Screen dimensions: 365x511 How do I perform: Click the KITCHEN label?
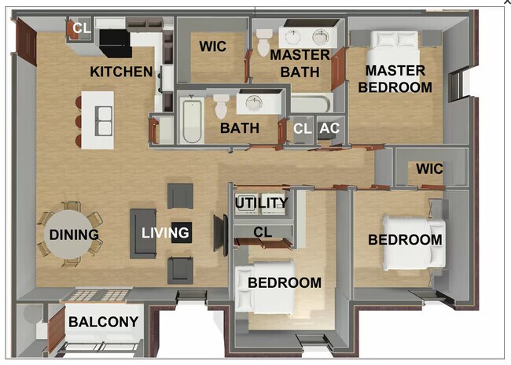[121, 72]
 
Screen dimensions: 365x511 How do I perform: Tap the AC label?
[329, 128]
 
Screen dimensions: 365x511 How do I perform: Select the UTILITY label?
[262, 203]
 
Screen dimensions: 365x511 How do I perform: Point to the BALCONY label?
[103, 322]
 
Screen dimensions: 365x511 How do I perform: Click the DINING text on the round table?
[73, 234]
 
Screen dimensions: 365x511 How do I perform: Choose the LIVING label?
[165, 232]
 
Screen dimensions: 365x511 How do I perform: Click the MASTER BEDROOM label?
[395, 79]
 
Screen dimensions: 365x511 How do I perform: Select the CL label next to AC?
[302, 128]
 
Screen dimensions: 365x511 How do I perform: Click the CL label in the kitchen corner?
[81, 28]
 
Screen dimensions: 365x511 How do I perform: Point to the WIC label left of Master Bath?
[212, 46]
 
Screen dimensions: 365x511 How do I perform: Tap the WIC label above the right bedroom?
[429, 169]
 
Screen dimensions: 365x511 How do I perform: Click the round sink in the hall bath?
[253, 104]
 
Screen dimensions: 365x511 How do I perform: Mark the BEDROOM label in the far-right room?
[405, 239]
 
